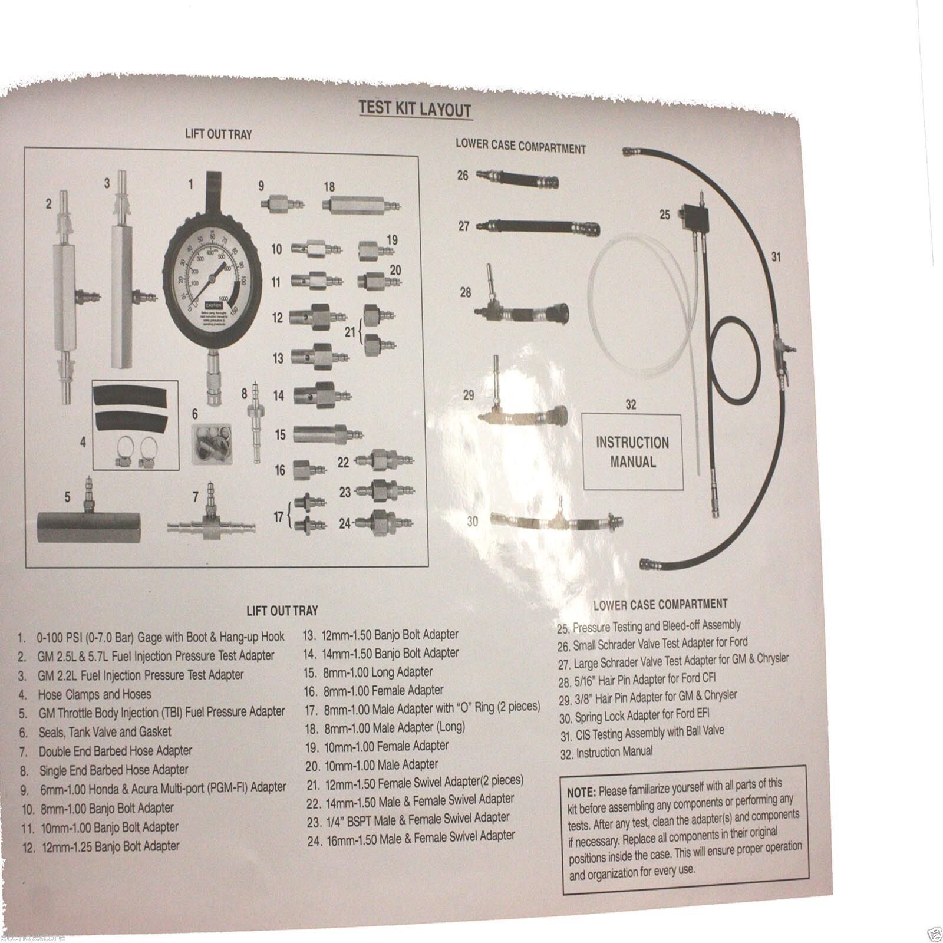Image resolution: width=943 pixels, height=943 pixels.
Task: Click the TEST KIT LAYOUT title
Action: tap(416, 110)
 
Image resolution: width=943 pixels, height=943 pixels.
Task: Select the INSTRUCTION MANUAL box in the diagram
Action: tap(632, 451)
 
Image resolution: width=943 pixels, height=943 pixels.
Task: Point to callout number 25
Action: tap(665, 215)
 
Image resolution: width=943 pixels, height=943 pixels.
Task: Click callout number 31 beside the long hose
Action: tap(776, 256)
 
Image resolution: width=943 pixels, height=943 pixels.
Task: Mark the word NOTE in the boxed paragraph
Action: tap(581, 789)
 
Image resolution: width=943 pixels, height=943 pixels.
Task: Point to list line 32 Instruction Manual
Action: tap(607, 753)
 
